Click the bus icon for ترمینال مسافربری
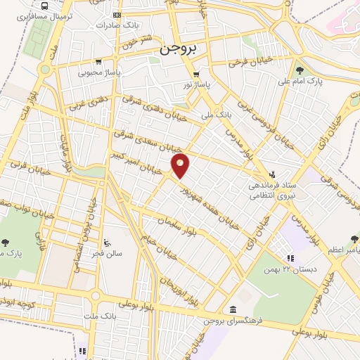pos(46,6)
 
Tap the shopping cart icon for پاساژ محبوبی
pos(99,61)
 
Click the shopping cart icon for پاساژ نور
pos(197,74)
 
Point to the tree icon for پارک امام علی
pos(300,70)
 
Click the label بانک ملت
pos(99,317)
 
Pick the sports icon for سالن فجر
pos(106,244)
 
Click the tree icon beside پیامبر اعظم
pos(354,240)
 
